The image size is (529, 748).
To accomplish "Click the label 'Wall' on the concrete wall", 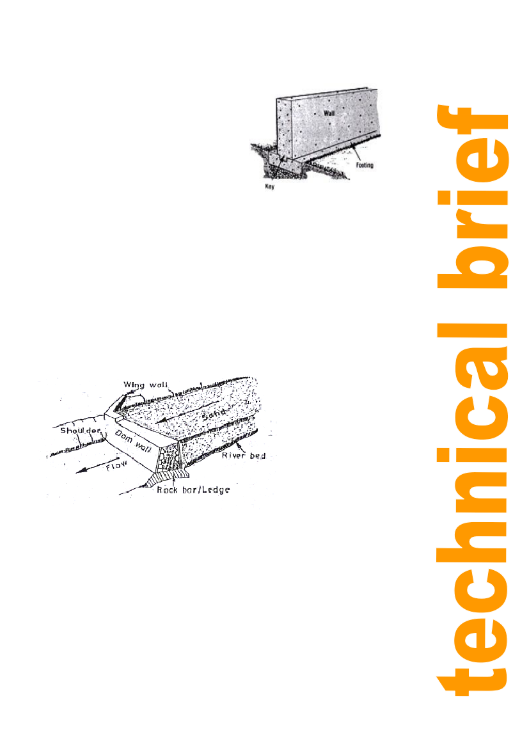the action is coord(329,113).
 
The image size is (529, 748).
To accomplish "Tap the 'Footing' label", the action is coord(365,165).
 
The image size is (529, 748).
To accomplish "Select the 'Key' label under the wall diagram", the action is coord(269,187).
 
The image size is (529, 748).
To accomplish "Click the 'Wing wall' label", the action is coord(145,385).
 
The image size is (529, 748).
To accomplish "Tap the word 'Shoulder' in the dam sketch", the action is coord(81,430).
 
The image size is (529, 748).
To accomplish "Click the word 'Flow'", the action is coord(117,465).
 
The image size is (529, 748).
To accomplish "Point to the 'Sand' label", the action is coord(213,413).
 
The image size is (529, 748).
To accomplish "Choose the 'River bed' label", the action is coord(243,456).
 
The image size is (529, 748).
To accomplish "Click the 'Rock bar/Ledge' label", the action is coord(193,489).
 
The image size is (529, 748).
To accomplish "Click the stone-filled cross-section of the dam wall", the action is coord(170,458).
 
